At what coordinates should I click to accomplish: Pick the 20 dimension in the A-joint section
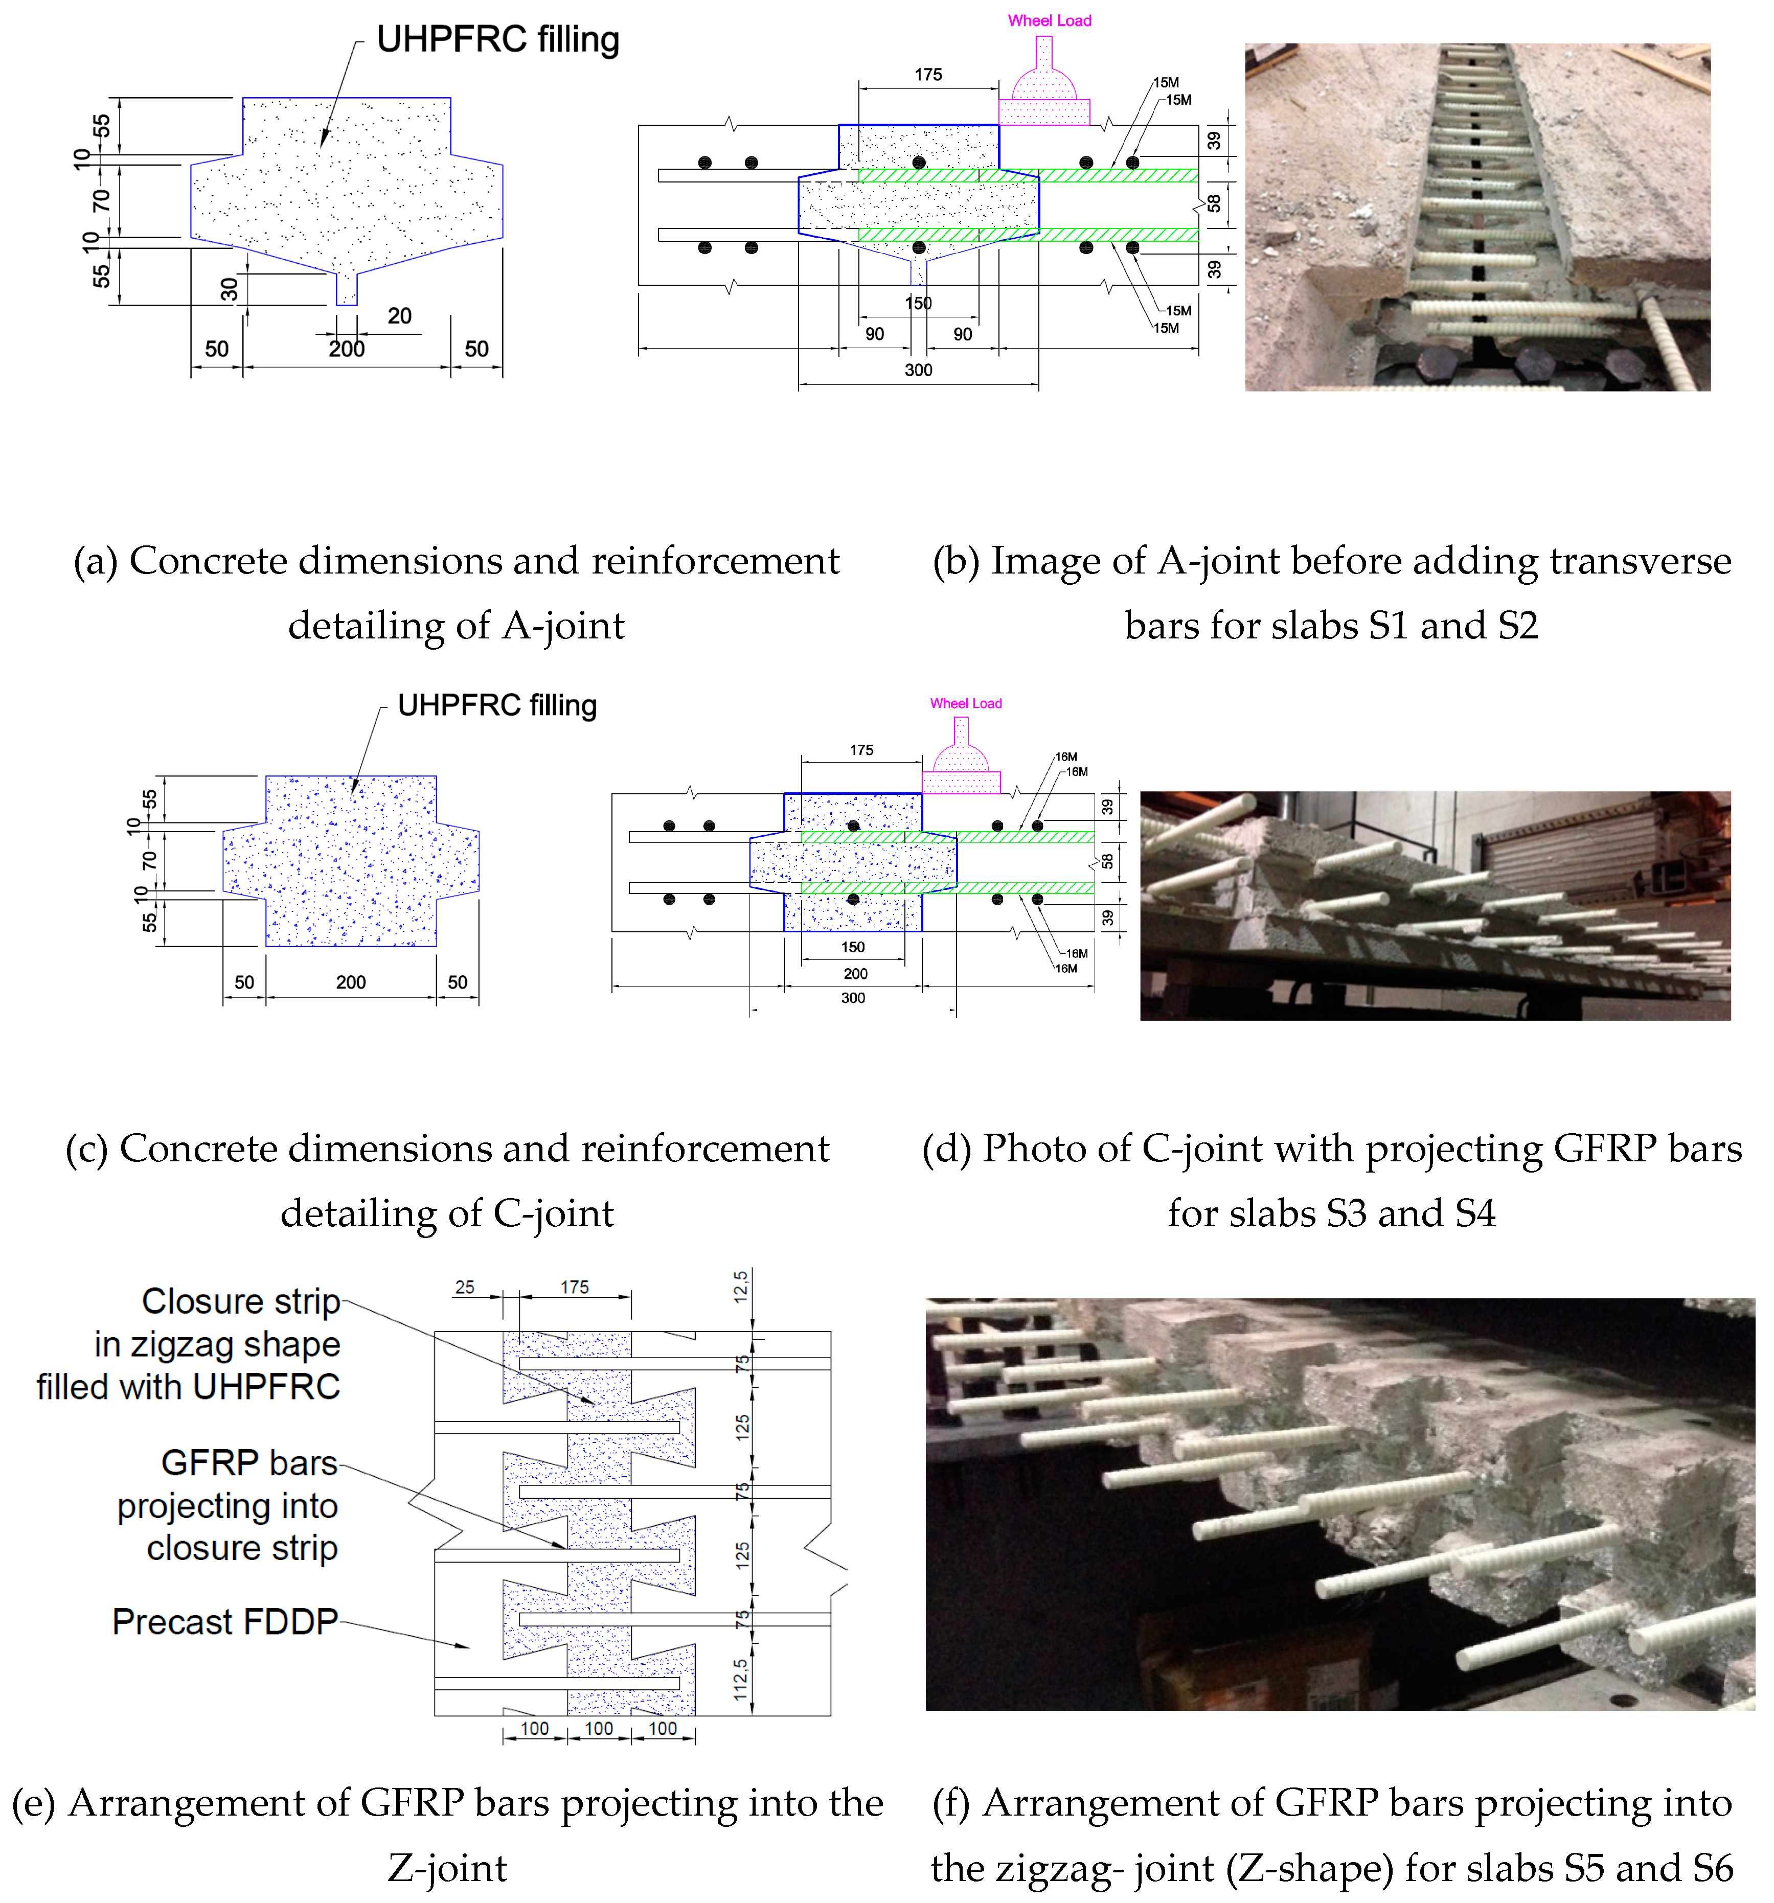(x=399, y=316)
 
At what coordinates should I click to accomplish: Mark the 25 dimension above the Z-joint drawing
(x=464, y=1288)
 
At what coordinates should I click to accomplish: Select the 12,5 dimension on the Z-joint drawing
(x=740, y=1288)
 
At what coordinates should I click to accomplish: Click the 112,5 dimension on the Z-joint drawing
(x=740, y=1680)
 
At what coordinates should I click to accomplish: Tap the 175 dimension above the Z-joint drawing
(x=575, y=1288)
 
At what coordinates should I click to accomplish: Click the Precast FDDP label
(x=225, y=1621)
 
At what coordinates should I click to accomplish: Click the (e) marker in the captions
(x=34, y=1803)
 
